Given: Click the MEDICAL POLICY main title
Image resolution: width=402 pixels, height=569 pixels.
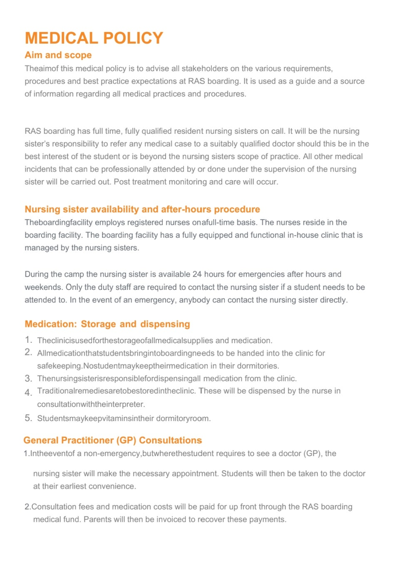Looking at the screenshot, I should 94,38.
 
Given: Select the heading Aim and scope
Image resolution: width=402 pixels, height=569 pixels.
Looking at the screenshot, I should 58,55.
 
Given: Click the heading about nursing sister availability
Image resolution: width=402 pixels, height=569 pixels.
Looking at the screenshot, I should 142,209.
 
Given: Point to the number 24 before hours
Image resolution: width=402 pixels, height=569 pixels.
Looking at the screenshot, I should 197,275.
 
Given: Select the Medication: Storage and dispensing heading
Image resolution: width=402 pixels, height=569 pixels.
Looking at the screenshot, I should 107,324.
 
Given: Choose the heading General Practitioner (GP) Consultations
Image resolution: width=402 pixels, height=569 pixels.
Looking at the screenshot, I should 112,440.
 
